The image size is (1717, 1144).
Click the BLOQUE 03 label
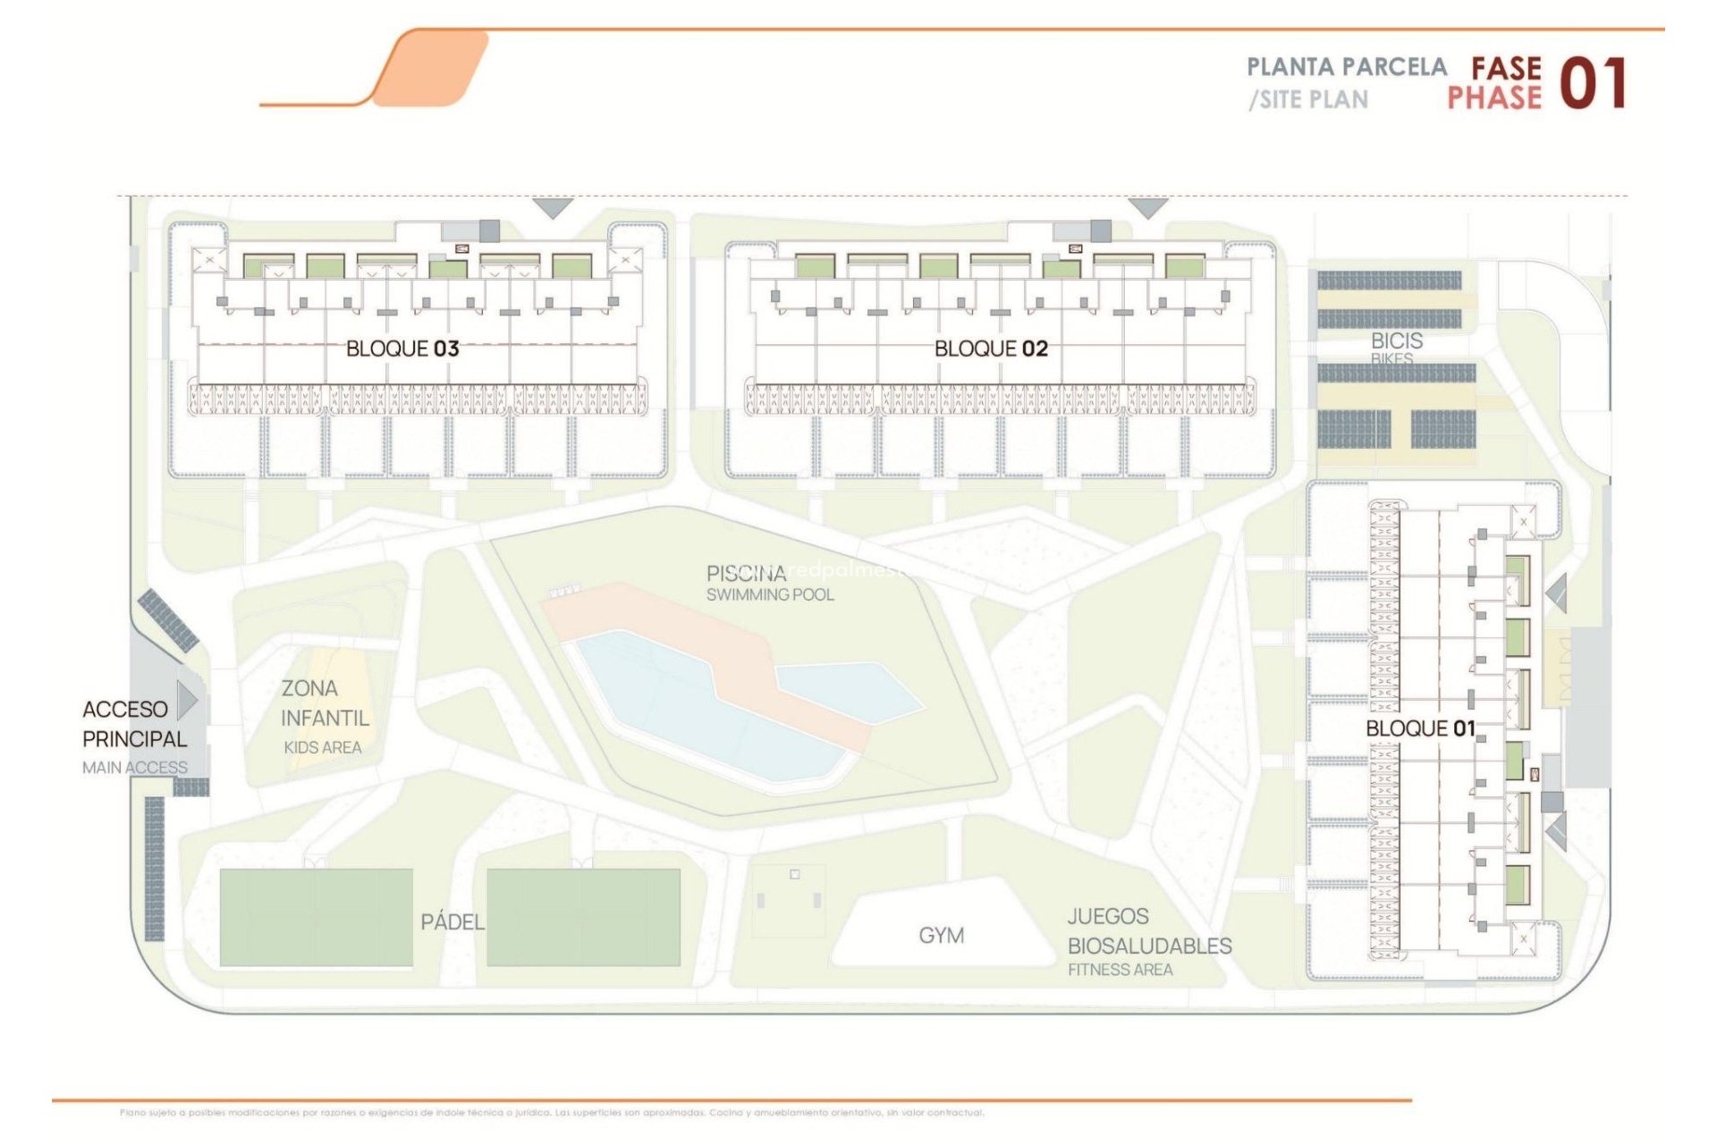402,349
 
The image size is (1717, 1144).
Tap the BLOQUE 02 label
991,349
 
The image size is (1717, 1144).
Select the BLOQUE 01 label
1420,728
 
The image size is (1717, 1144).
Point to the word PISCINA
746,573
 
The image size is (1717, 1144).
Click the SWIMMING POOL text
770,595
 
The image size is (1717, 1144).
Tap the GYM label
942,936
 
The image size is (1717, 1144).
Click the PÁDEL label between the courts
453,921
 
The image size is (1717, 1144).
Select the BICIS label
1396,341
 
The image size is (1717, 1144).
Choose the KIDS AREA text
323,748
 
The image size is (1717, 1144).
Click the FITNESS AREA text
1120,970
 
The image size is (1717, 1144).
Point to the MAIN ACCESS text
135,768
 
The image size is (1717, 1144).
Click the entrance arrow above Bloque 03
553,208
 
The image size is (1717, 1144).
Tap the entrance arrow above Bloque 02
1148,208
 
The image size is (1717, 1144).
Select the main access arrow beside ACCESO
188,700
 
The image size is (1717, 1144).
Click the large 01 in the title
1593,84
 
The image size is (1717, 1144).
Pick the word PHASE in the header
1494,98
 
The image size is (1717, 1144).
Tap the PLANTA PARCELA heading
1347,67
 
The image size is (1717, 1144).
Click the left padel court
316,917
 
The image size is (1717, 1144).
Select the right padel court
583,917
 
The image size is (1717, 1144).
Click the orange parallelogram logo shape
431,68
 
